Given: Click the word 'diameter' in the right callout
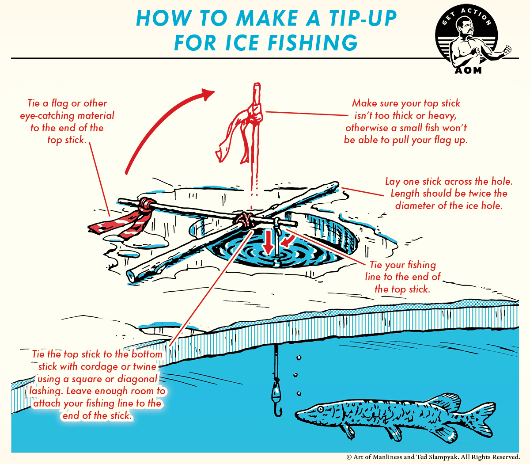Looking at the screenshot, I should tap(415, 206).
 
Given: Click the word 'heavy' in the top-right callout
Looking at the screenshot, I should tap(441, 116).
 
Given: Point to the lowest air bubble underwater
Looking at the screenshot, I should tap(299, 393).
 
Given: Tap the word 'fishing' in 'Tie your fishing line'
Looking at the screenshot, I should tap(421, 265).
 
